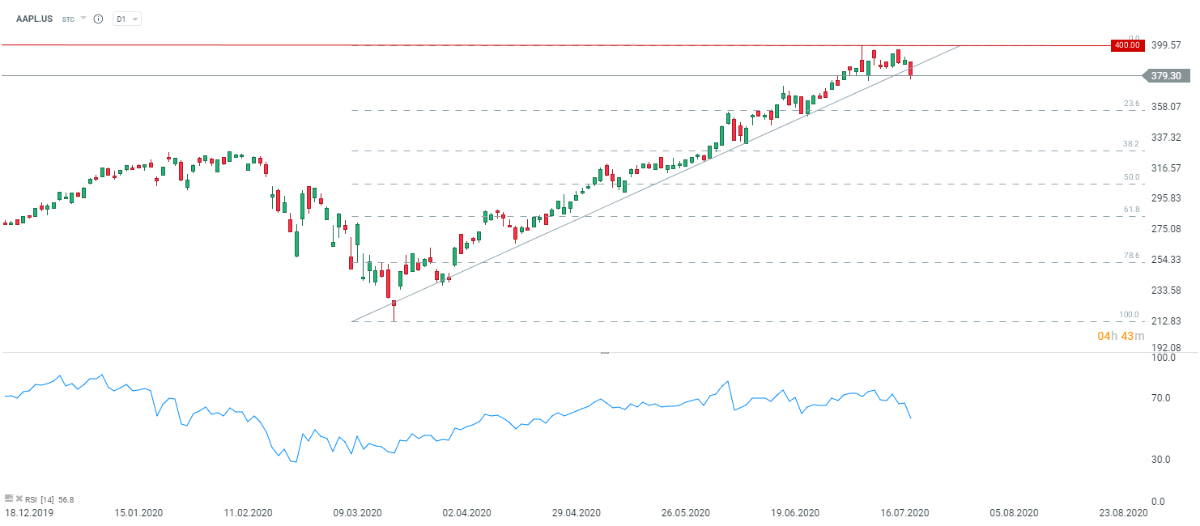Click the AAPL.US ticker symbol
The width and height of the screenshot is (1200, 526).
click(35, 18)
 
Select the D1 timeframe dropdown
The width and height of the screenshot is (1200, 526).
click(127, 18)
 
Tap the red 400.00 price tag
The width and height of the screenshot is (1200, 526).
click(1126, 45)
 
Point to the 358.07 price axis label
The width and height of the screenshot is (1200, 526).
click(1166, 107)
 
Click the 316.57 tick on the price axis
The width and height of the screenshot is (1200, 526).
click(1166, 168)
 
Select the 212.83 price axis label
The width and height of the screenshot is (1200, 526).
click(1166, 321)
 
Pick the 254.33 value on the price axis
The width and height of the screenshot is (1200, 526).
click(1166, 260)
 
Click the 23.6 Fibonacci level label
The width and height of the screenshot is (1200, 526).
click(1131, 104)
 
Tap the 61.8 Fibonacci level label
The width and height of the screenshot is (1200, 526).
click(1131, 210)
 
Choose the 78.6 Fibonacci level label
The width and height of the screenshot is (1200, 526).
click(1131, 256)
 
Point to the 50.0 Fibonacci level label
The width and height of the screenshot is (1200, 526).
click(1131, 177)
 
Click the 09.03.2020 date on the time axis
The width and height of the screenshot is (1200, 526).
click(357, 513)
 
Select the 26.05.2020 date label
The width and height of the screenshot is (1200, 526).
click(685, 513)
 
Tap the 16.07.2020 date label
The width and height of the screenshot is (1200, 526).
click(904, 513)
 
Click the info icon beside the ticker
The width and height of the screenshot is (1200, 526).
click(98, 18)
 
